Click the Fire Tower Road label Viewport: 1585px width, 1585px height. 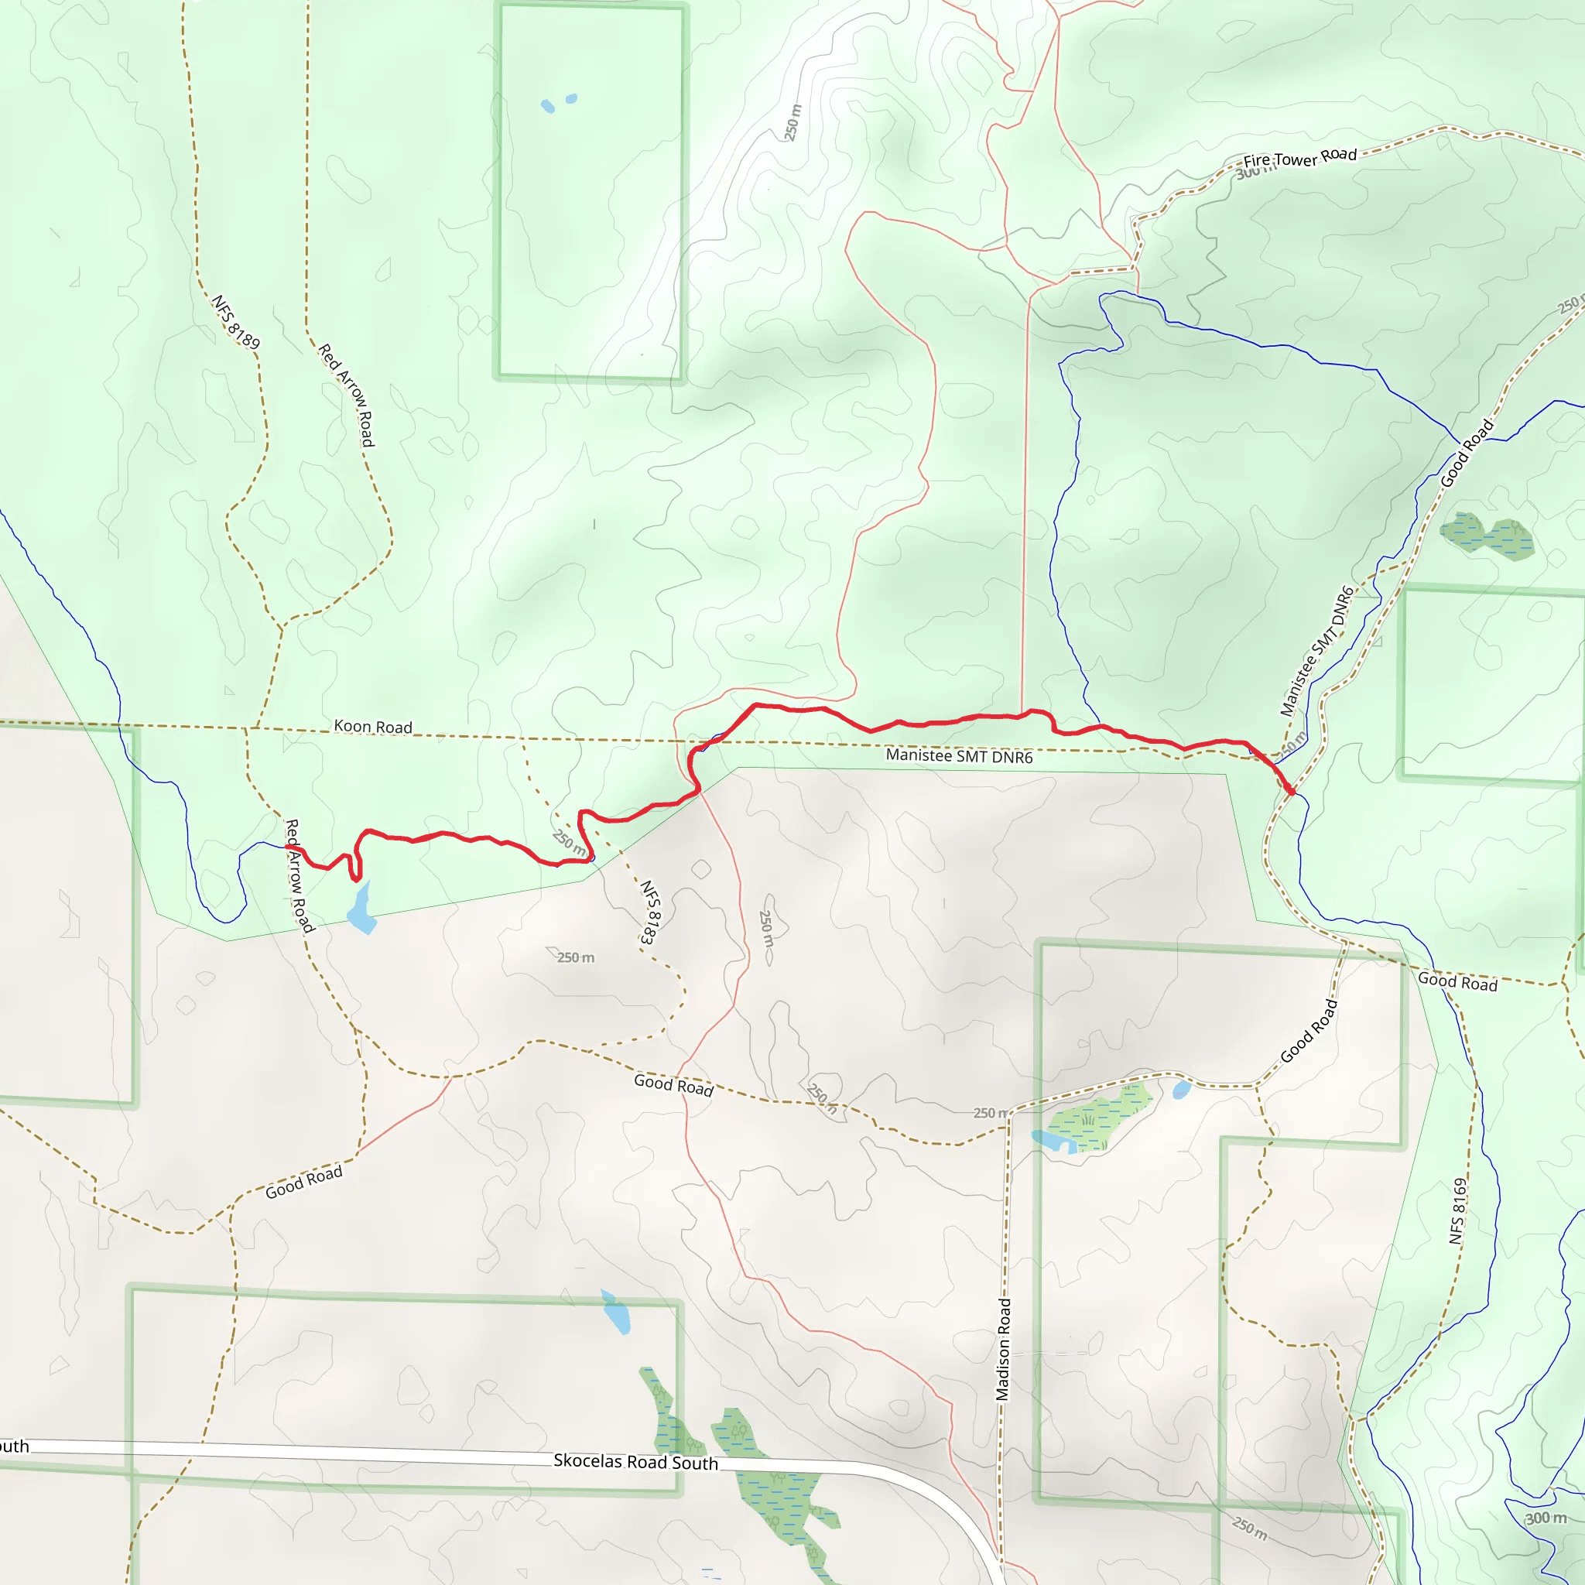[1299, 158]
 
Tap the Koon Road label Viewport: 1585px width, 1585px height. [372, 727]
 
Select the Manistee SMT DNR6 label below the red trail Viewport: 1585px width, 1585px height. [959, 755]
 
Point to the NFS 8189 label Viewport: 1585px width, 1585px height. [235, 322]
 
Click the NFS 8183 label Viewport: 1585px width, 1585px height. [650, 912]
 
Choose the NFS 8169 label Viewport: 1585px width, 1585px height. [1457, 1211]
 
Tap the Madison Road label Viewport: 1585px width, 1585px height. [1003, 1349]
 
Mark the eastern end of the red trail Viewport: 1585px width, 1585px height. [1292, 792]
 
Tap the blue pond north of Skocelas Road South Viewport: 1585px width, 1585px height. [616, 1313]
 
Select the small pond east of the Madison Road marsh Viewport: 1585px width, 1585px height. [1181, 1090]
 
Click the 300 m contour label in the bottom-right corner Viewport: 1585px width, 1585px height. [1546, 1518]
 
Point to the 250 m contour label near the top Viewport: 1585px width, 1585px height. [792, 122]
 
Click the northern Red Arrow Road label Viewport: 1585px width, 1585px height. [346, 395]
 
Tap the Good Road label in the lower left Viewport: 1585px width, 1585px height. [303, 1183]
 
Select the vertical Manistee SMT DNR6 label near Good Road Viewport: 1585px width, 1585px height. [1316, 651]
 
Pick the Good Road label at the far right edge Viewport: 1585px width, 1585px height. [1458, 981]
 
